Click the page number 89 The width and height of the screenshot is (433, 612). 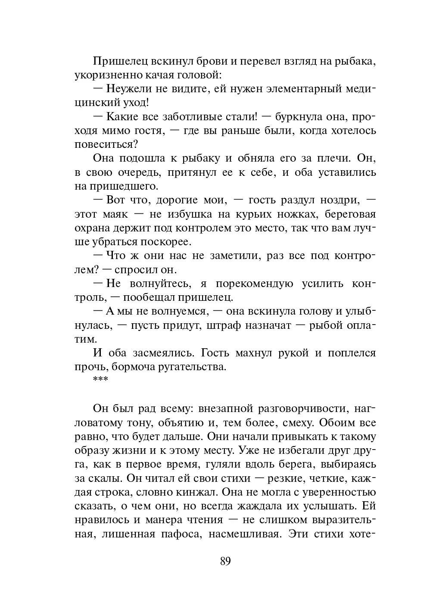225,562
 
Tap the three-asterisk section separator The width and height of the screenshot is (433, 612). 101,380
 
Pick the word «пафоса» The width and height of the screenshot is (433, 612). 182,534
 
